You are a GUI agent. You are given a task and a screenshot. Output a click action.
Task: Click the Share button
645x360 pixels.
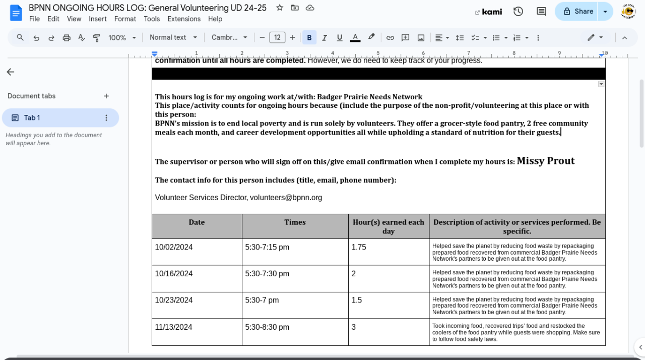point(578,12)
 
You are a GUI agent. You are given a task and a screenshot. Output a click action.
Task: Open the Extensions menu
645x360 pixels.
point(184,19)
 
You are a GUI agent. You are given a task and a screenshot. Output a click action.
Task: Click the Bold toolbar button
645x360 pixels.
point(309,38)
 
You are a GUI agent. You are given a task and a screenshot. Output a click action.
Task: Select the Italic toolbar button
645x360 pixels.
point(324,38)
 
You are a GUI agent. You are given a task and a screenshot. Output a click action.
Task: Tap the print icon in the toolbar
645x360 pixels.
point(66,38)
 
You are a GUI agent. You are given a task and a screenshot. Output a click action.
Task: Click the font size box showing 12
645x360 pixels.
point(277,38)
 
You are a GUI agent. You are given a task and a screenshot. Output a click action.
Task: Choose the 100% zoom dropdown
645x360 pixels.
point(122,38)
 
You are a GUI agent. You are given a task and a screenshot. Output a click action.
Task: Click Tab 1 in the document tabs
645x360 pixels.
point(32,118)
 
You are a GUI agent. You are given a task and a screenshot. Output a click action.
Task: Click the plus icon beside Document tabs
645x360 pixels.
point(106,96)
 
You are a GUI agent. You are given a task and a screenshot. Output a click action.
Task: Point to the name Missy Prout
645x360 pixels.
point(545,161)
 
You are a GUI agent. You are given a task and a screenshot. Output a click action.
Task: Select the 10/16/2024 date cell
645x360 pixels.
point(174,274)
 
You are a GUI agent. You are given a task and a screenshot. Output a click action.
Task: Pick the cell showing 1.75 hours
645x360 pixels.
point(359,247)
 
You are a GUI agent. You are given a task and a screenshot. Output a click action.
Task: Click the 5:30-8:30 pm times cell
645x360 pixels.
point(267,327)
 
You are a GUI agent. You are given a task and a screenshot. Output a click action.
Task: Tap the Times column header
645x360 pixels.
point(295,222)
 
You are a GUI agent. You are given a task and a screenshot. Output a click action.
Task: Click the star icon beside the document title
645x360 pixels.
point(280,8)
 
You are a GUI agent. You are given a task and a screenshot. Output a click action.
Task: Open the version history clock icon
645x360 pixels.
point(518,12)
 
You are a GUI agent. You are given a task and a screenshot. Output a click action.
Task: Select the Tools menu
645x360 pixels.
point(152,19)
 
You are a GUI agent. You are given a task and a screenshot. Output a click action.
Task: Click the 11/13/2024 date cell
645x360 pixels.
point(174,327)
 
